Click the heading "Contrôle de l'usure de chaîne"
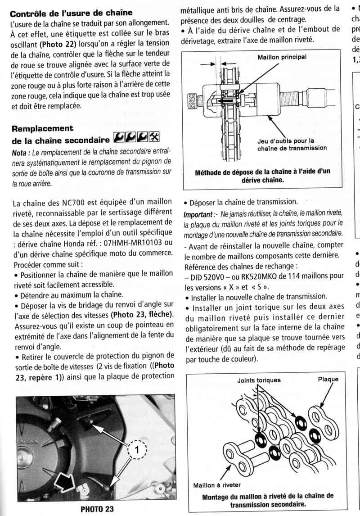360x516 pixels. pos(71,13)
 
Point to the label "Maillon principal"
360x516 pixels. pos(282,57)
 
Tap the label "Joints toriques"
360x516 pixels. pos(259,380)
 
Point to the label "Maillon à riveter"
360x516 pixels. pos(216,485)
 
